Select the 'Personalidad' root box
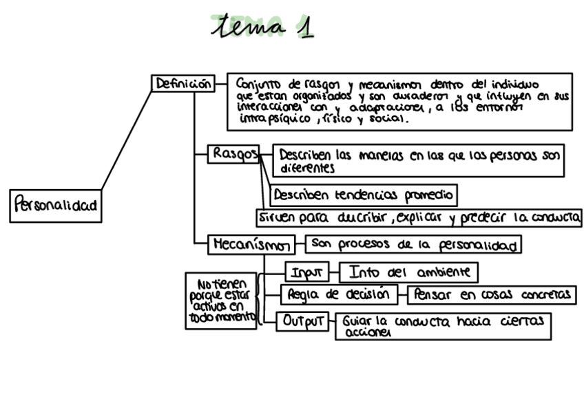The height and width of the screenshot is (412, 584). pyautogui.click(x=56, y=205)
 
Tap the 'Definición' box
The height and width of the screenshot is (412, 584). pyautogui.click(x=182, y=84)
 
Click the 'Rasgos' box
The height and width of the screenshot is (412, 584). pyautogui.click(x=233, y=154)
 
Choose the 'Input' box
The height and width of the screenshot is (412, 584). pyautogui.click(x=307, y=272)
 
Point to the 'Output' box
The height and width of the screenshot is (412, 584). pyautogui.click(x=304, y=321)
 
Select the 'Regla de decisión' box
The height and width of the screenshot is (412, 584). pyautogui.click(x=339, y=295)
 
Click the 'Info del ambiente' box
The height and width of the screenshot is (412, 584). pyautogui.click(x=409, y=272)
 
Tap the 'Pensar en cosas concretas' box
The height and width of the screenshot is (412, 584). pyautogui.click(x=492, y=295)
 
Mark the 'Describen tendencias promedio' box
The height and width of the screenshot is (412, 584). pyautogui.click(x=364, y=195)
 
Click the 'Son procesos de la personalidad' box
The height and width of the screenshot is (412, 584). pyautogui.click(x=413, y=244)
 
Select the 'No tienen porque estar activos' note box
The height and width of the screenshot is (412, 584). pyautogui.click(x=220, y=300)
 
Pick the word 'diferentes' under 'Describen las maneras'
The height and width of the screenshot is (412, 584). pyautogui.click(x=307, y=167)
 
